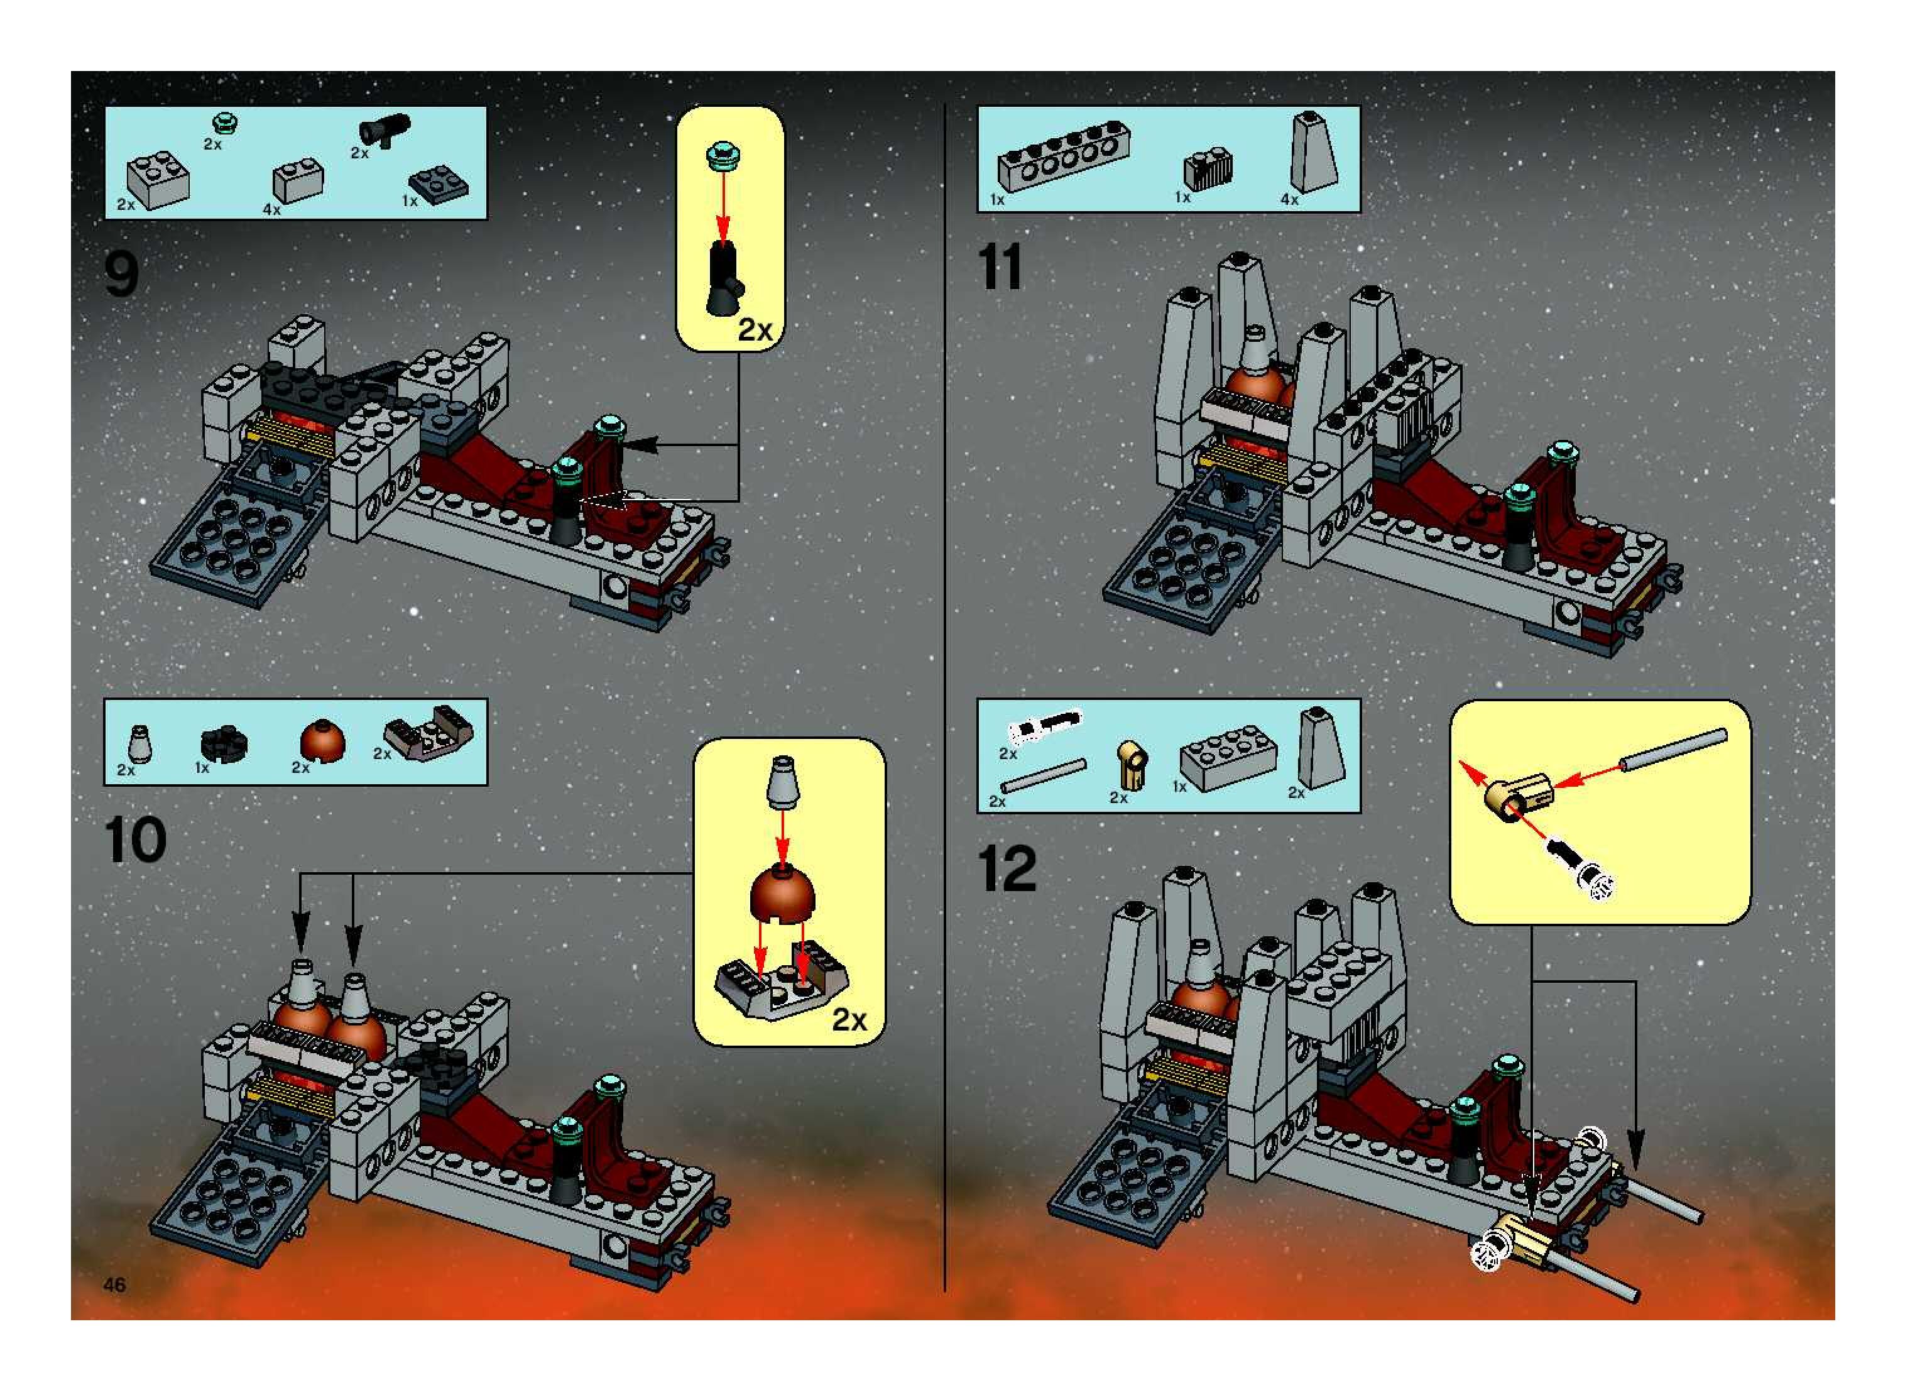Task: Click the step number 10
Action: click(x=134, y=841)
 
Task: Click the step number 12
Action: click(x=1007, y=869)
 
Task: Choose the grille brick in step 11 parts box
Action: click(x=1208, y=169)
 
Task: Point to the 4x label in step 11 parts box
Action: click(x=1289, y=199)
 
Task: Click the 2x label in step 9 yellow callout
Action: click(x=755, y=330)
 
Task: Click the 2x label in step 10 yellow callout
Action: click(x=849, y=1020)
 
